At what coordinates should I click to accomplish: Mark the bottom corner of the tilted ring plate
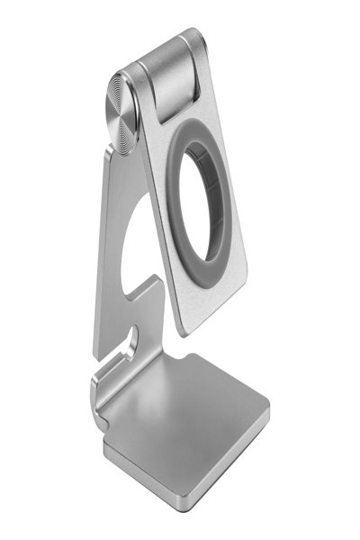point(184,334)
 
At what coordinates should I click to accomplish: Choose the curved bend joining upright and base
point(101,396)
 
